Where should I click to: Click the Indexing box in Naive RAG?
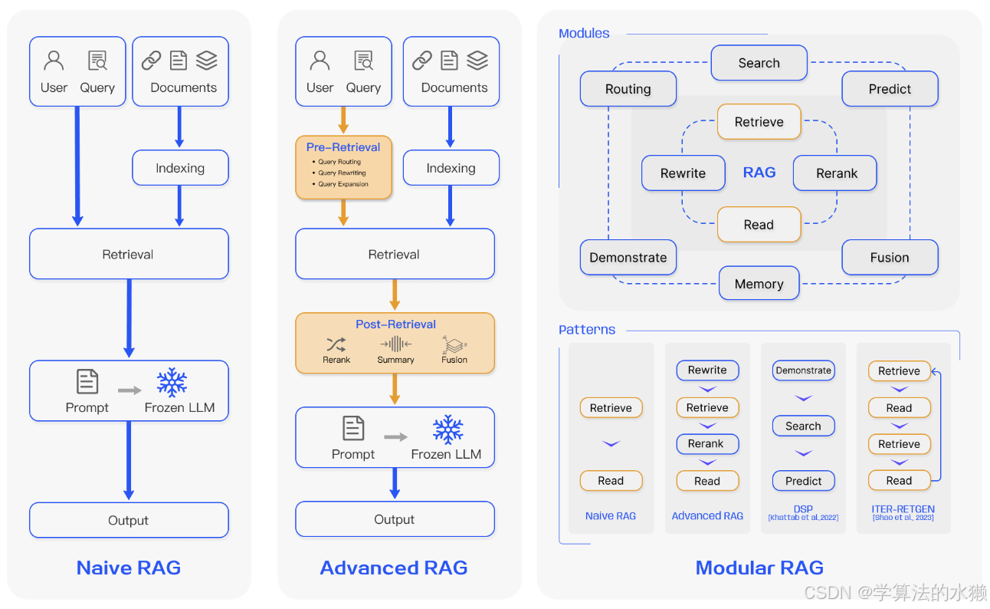pos(180,168)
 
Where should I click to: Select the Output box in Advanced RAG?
pos(395,519)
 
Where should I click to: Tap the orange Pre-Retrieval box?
pos(343,166)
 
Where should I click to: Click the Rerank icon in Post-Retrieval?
pos(336,344)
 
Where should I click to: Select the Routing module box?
pos(628,89)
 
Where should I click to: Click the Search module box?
pos(759,63)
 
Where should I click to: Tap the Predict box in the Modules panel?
pos(890,89)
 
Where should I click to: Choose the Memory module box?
pos(759,284)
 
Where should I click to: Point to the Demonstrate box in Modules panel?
pos(628,258)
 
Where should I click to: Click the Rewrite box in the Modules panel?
pos(683,173)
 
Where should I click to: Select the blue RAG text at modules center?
pos(759,173)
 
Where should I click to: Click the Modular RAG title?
pos(759,568)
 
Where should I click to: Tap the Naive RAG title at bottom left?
pos(129,568)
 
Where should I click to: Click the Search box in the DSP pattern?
pos(803,426)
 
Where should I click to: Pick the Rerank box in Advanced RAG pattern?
pos(706,443)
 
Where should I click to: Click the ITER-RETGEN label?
pos(903,509)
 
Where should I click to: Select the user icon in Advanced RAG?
pos(320,61)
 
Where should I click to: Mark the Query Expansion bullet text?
pos(343,184)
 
